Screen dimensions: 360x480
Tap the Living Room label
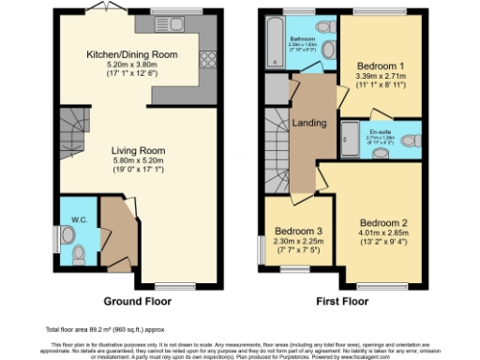pyautogui.click(x=139, y=150)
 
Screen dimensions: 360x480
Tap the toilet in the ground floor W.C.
pyautogui.click(x=78, y=251)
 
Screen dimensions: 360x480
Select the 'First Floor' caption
pyautogui.click(x=342, y=304)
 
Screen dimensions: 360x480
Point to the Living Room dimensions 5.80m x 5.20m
pyautogui.click(x=139, y=161)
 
